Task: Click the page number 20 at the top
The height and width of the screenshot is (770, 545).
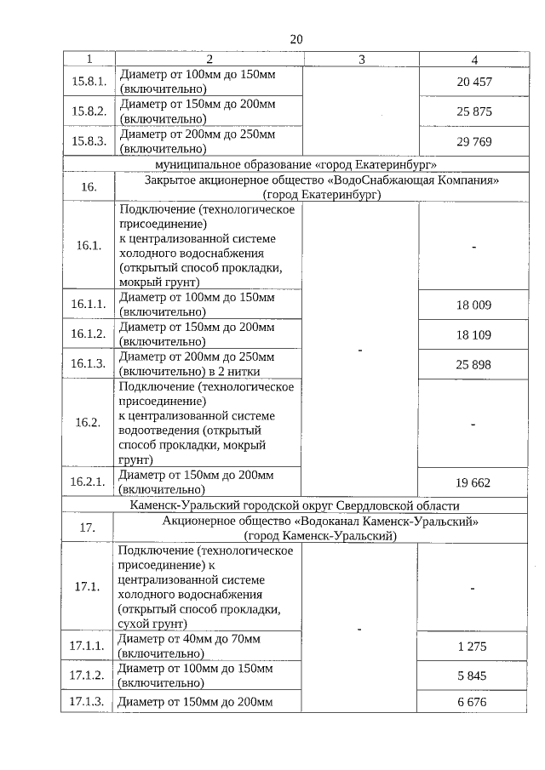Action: [x=295, y=39]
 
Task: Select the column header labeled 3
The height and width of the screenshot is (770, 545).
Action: [x=361, y=60]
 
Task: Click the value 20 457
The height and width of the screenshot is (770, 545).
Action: [x=473, y=82]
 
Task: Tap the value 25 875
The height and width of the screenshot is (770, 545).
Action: [x=473, y=111]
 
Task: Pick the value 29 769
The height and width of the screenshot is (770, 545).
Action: [x=473, y=142]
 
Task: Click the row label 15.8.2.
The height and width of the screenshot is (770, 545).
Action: [x=89, y=111]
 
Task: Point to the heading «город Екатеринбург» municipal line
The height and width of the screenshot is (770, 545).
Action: [x=295, y=164]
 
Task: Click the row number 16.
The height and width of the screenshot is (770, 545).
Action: [x=89, y=186]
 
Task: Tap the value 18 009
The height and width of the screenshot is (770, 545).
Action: [x=473, y=305]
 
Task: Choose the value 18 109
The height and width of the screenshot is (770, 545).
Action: [x=473, y=334]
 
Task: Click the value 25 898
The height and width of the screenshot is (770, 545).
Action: [x=473, y=364]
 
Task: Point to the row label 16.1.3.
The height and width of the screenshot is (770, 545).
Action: [x=89, y=364]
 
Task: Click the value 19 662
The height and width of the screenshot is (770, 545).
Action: [x=473, y=482]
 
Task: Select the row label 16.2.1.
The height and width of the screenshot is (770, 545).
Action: [x=89, y=482]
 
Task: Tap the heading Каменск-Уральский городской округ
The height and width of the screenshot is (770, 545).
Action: [x=295, y=505]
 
